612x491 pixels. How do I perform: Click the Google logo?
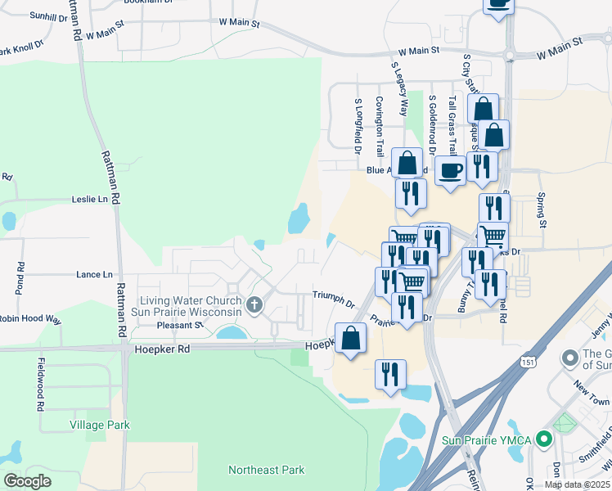point(26,481)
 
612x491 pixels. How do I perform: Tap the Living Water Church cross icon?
point(254,306)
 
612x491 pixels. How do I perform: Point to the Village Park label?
point(100,425)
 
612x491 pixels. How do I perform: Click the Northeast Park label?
point(266,470)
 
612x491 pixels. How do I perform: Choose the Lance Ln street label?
point(94,275)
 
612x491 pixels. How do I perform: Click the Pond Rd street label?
point(21,279)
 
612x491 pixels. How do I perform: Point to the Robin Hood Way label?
point(30,319)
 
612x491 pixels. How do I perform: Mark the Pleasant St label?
point(179,325)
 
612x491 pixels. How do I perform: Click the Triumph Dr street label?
point(334,298)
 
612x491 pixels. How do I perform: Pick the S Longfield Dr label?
point(358,127)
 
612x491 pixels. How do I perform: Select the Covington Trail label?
point(380,126)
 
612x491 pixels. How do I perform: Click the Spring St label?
point(541,210)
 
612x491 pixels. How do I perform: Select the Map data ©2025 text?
point(577,484)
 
